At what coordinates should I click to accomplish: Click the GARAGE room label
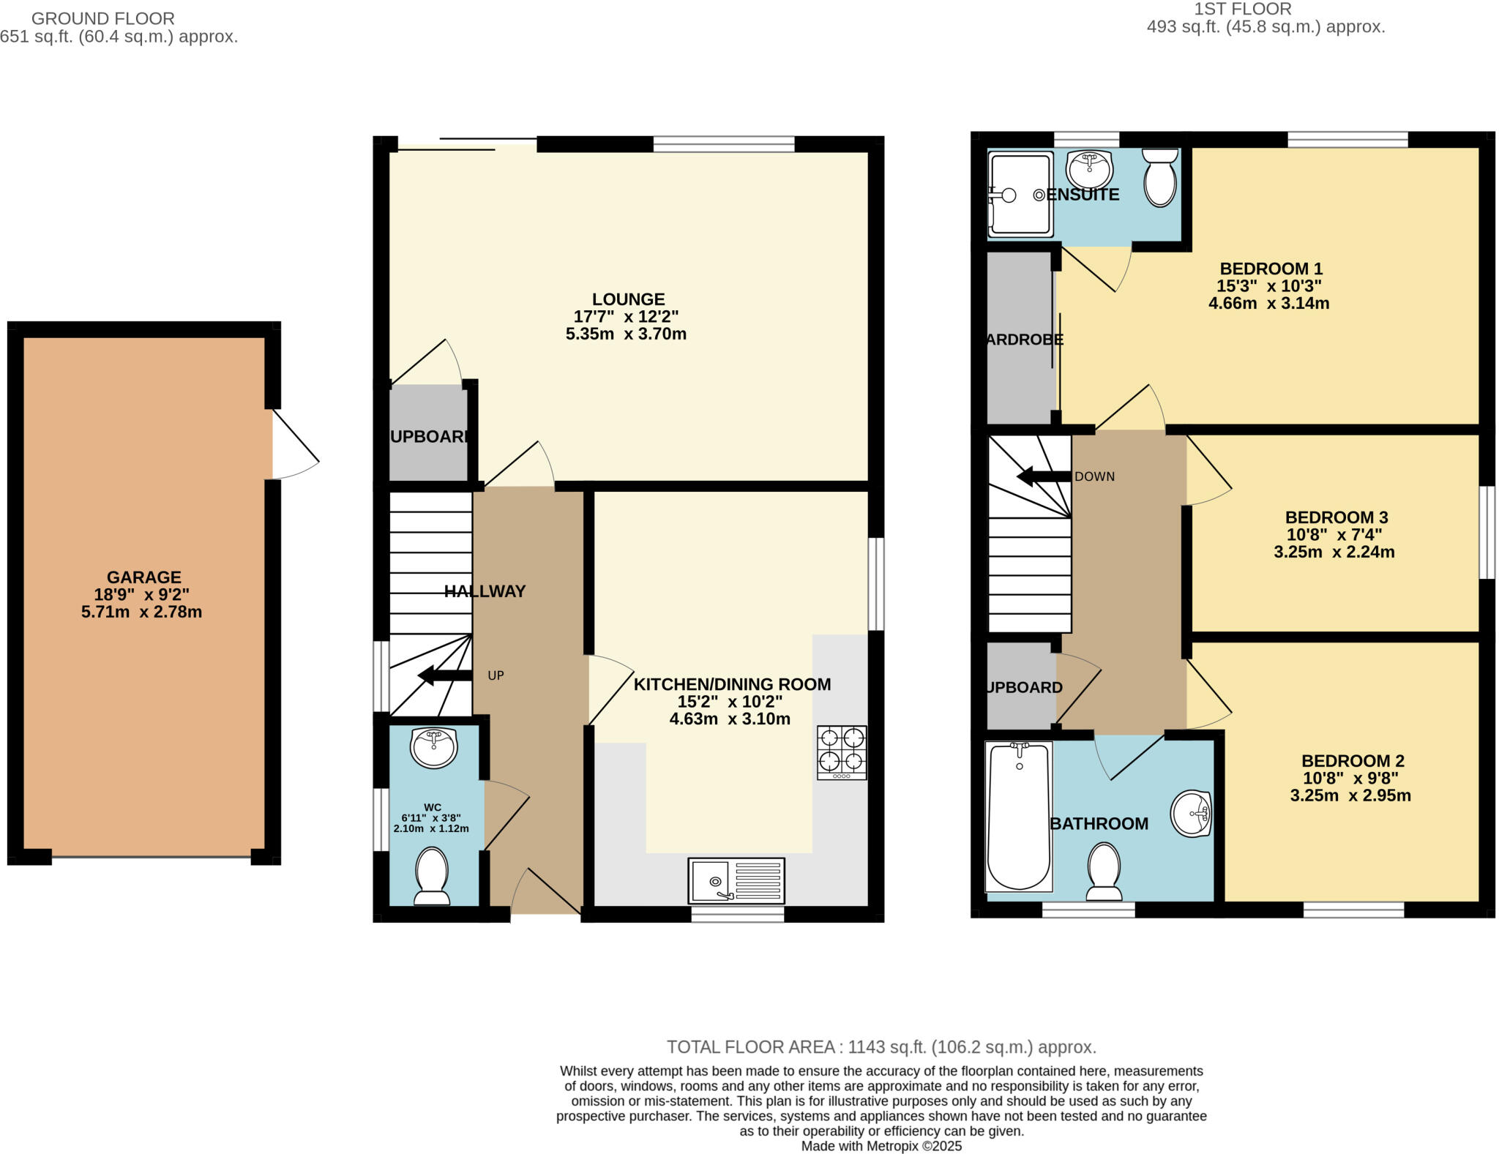coord(143,577)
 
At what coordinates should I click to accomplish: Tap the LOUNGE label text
coord(628,299)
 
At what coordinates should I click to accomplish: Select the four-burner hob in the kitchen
coord(842,752)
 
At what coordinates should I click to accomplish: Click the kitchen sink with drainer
coord(736,881)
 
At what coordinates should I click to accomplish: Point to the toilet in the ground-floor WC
coord(432,875)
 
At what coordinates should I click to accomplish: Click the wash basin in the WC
coord(434,747)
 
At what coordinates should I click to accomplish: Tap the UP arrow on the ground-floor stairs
coord(444,675)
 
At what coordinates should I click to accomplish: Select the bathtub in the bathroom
coord(1019,816)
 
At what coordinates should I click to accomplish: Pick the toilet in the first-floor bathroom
coord(1104,871)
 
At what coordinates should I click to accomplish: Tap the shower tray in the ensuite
coord(1020,195)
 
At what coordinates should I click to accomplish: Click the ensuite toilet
coord(1160,178)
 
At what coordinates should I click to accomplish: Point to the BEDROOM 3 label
coord(1336,517)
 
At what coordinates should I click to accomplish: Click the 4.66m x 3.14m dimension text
coord(1268,303)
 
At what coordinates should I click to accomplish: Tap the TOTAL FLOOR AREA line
coord(881,1047)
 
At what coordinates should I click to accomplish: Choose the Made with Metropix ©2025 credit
coord(881,1146)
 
